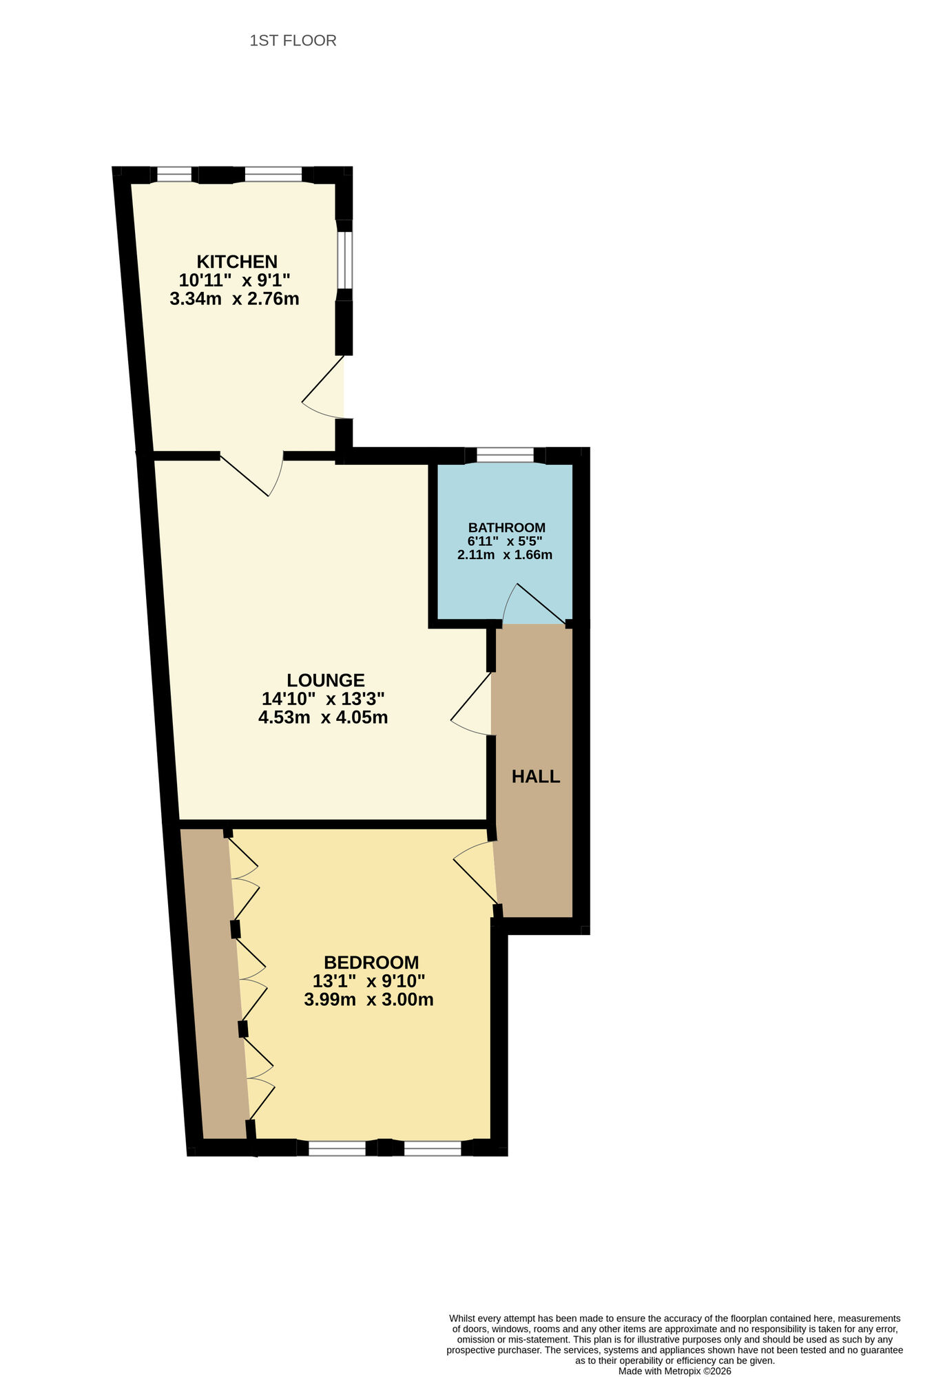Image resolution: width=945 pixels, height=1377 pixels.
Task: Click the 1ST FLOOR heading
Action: (293, 41)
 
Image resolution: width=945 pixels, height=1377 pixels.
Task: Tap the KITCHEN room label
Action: (237, 262)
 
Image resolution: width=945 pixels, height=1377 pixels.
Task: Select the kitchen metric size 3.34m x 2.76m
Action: (234, 299)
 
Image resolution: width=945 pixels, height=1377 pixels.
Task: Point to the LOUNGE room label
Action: (326, 680)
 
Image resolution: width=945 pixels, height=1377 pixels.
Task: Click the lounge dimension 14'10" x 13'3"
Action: (323, 699)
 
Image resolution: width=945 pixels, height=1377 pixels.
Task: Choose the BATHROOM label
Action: (507, 527)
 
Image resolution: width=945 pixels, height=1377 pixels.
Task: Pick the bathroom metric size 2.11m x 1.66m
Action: (505, 554)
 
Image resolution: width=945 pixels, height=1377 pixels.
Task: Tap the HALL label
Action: (536, 777)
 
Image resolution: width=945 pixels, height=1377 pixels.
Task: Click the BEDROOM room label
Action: (371, 963)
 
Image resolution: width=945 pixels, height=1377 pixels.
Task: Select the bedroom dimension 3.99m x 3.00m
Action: (368, 1000)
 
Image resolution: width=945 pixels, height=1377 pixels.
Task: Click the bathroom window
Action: (505, 455)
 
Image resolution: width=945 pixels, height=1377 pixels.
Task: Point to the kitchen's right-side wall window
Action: (344, 260)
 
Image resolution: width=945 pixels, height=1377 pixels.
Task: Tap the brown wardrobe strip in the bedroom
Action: (214, 985)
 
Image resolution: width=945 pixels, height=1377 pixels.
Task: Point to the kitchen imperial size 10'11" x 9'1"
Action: (234, 280)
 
